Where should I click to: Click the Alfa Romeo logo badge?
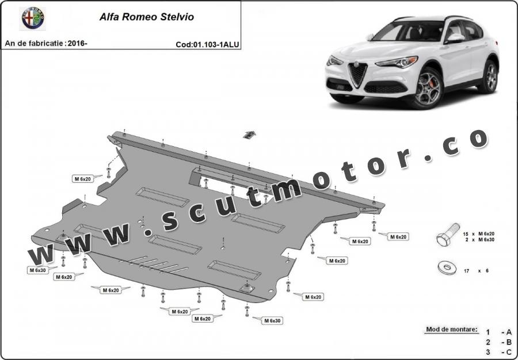(x=33, y=18)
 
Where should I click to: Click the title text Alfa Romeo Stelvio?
(x=147, y=17)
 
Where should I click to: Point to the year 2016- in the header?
(x=78, y=43)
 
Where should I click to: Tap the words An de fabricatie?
(x=34, y=43)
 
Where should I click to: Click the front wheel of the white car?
(x=428, y=89)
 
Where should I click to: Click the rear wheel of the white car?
(x=489, y=77)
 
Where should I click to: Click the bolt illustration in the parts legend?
(x=448, y=234)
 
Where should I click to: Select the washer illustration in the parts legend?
(x=447, y=267)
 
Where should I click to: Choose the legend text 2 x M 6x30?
(x=480, y=240)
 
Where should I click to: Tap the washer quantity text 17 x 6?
(x=476, y=271)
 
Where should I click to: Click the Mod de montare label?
(x=452, y=330)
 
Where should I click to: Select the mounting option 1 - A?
(x=499, y=332)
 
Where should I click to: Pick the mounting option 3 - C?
(x=499, y=352)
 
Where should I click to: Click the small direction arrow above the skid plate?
(x=249, y=135)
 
